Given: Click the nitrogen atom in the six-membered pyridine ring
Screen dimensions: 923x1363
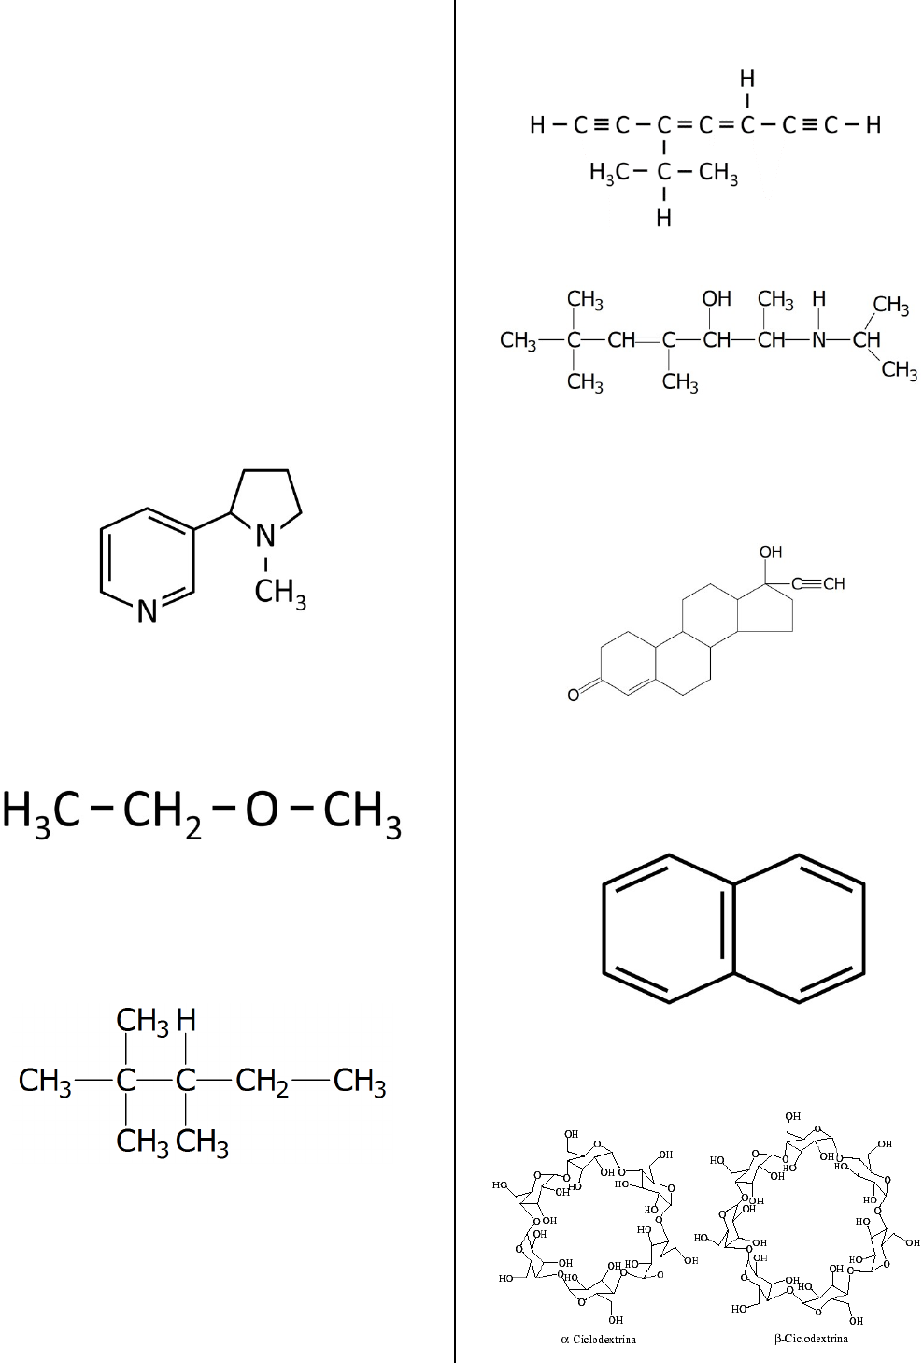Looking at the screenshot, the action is pyautogui.click(x=147, y=611).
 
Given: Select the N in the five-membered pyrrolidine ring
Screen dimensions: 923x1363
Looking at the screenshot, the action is pyautogui.click(x=265, y=536).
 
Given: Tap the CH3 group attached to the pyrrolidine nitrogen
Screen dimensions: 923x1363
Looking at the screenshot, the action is pyautogui.click(x=279, y=593).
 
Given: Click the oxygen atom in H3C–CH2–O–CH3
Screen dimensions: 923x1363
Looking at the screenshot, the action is pyautogui.click(x=262, y=810).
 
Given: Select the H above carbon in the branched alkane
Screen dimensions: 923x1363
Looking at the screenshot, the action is pyautogui.click(x=186, y=1020).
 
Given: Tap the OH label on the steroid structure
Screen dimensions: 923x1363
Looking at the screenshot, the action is pyautogui.click(x=771, y=552).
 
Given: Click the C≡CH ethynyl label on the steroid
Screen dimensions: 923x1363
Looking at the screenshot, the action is pyautogui.click(x=818, y=584).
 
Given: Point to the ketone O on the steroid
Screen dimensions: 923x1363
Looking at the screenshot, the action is pyautogui.click(x=574, y=695).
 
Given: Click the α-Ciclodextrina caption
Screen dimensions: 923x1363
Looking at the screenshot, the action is pyautogui.click(x=598, y=1340).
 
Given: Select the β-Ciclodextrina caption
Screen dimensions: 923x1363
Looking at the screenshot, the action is pyautogui.click(x=811, y=1339).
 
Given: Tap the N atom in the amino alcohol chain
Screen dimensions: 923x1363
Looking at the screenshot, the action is pyautogui.click(x=819, y=340).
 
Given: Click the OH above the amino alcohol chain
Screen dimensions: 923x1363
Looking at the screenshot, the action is pyautogui.click(x=717, y=299).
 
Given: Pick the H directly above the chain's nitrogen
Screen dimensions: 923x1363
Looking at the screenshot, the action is pyautogui.click(x=819, y=299).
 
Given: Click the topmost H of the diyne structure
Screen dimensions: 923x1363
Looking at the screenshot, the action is pyautogui.click(x=747, y=79).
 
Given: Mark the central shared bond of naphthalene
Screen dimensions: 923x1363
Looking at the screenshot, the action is pyautogui.click(x=733, y=928).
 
